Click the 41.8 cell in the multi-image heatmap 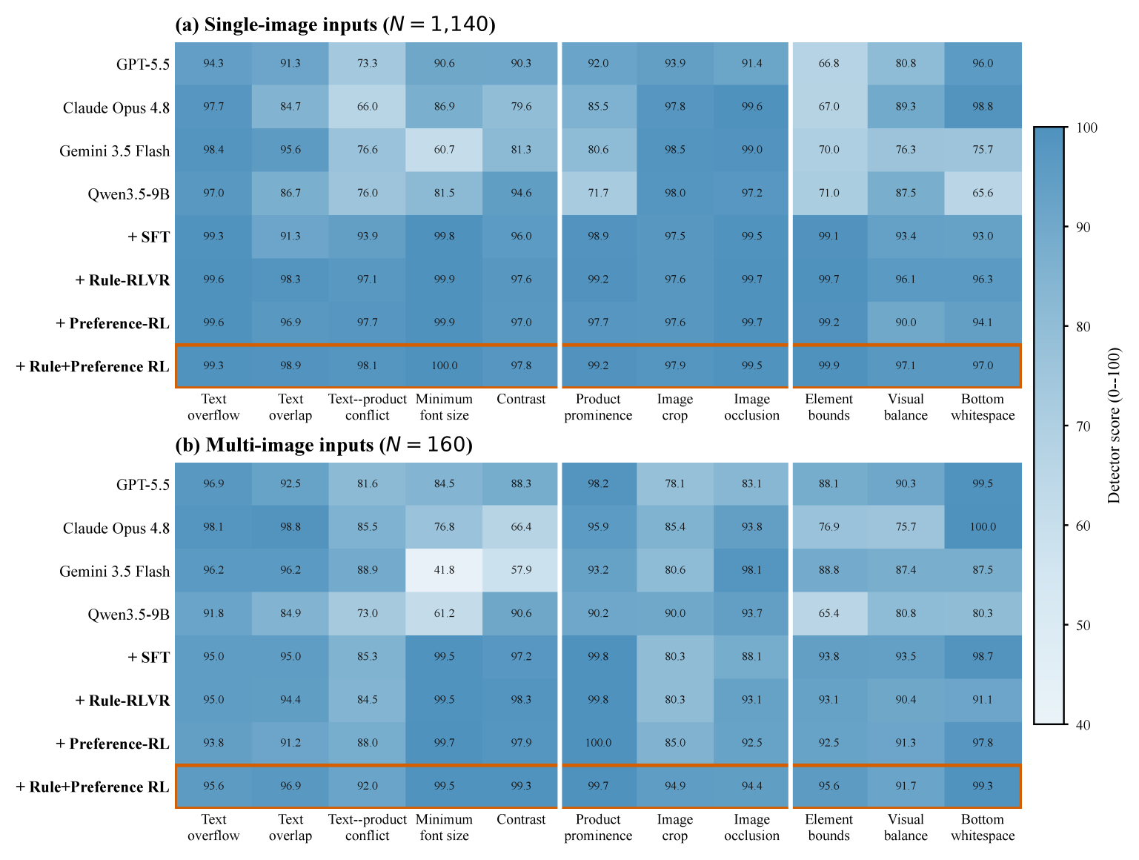[x=444, y=570]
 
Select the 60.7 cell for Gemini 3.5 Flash [x=444, y=150]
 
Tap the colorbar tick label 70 [x=1083, y=426]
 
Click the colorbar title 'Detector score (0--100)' [x=1114, y=425]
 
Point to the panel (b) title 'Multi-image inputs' [x=290, y=445]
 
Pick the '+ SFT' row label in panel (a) [x=148, y=236]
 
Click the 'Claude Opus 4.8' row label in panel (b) [x=116, y=528]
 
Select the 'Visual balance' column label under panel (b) [x=906, y=827]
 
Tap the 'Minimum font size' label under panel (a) [x=444, y=407]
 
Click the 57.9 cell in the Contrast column [x=520, y=570]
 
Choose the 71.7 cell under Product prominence [x=599, y=193]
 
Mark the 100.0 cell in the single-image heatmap [x=444, y=365]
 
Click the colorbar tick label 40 [x=1083, y=724]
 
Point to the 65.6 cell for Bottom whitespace [x=983, y=193]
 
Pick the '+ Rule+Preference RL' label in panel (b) [x=93, y=787]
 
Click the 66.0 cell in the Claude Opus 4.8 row [x=367, y=107]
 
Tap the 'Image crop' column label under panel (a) [x=674, y=407]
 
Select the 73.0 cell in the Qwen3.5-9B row [x=367, y=613]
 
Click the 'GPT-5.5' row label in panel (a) [x=143, y=64]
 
